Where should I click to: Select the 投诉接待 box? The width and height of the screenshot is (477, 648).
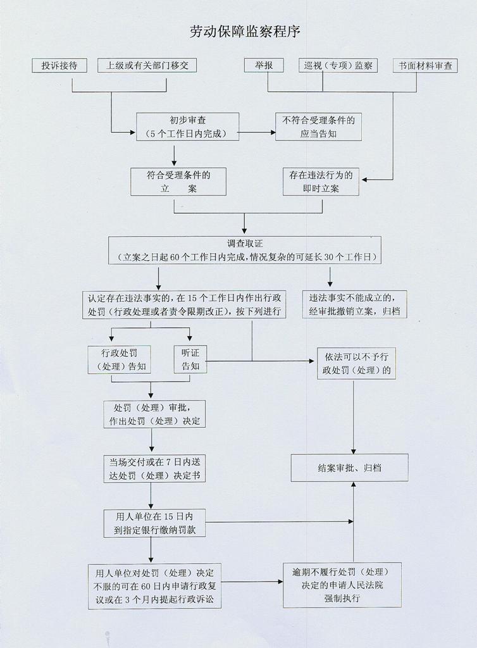pyautogui.click(x=59, y=65)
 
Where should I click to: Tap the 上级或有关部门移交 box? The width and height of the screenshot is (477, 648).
pyautogui.click(x=147, y=65)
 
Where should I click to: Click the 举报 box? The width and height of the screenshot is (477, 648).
pyautogui.click(x=263, y=65)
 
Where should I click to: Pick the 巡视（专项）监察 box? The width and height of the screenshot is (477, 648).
pyautogui.click(x=338, y=65)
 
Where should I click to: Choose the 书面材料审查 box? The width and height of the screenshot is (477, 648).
pyautogui.click(x=425, y=65)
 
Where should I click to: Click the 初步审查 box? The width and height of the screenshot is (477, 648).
pyautogui.click(x=187, y=126)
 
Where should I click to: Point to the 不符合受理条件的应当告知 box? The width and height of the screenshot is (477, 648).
pyautogui.click(x=319, y=127)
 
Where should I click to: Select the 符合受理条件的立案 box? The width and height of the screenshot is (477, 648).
pyautogui.click(x=178, y=181)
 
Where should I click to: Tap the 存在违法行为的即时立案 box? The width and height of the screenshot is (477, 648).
pyautogui.click(x=321, y=181)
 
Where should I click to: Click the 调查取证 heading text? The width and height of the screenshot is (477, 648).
pyautogui.click(x=244, y=243)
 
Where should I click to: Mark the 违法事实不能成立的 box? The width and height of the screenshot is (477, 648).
pyautogui.click(x=354, y=304)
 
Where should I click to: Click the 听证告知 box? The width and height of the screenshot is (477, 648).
pyautogui.click(x=190, y=358)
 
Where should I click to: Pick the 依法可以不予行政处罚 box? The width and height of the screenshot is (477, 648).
pyautogui.click(x=357, y=362)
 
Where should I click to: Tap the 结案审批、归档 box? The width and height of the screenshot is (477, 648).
pyautogui.click(x=349, y=468)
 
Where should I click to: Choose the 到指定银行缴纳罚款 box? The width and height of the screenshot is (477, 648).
pyautogui.click(x=154, y=523)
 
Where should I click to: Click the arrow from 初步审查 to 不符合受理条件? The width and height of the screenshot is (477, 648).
pyautogui.click(x=257, y=133)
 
